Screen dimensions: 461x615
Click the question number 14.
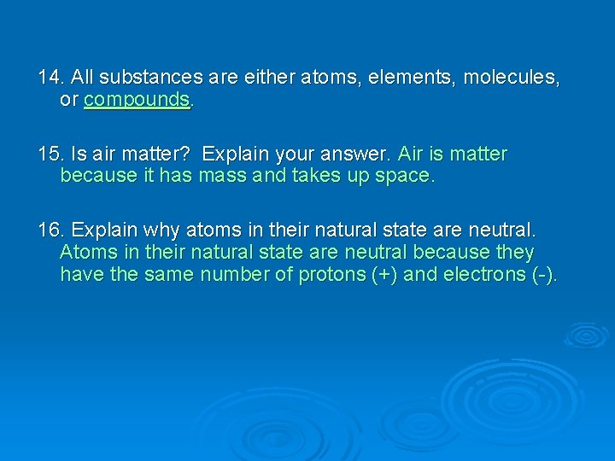coord(50,78)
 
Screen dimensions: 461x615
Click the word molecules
coord(512,78)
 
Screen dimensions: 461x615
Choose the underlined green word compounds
coord(137,100)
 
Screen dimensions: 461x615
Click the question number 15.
coord(50,155)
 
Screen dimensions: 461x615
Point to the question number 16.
coord(50,230)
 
